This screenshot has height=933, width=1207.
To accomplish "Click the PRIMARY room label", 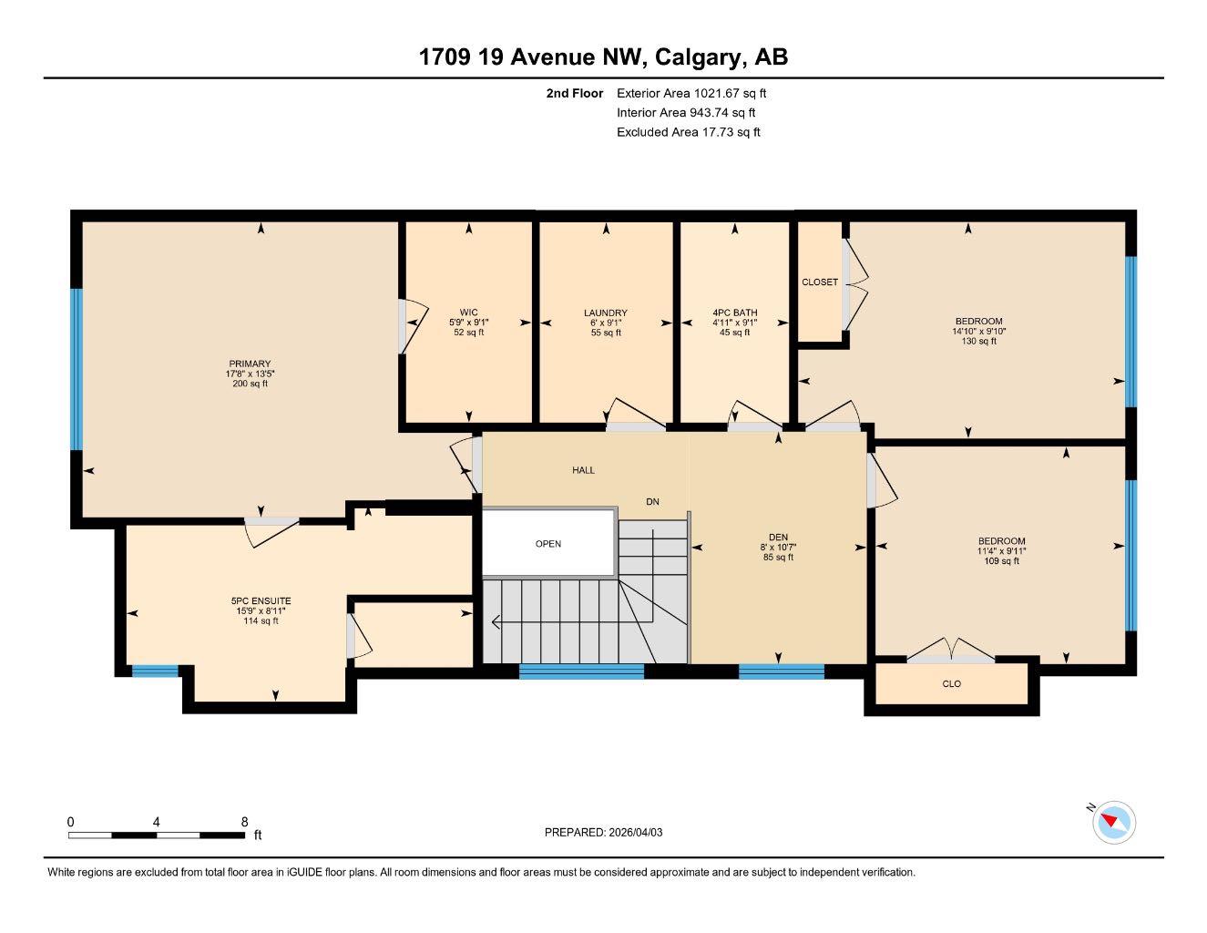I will point(250,364).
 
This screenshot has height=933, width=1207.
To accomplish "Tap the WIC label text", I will point(468,313).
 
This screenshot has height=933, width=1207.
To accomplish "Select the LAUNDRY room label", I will point(605,313).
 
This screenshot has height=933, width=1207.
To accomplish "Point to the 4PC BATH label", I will point(734,313).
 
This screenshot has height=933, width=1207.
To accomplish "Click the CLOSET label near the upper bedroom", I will point(819,282).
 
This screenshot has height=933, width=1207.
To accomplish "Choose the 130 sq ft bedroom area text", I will point(978,342).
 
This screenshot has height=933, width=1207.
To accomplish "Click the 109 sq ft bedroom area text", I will point(1002,561).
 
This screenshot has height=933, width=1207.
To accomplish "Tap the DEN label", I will point(778,537).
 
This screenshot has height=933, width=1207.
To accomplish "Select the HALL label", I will point(583,470).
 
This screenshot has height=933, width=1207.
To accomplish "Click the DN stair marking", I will point(652,502).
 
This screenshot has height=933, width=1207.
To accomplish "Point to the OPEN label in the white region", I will point(548,544).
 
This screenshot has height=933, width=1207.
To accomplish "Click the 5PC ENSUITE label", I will point(261,601).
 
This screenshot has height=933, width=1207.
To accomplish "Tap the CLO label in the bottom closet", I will point(951,684).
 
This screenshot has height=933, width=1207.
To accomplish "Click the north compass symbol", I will point(1113,822).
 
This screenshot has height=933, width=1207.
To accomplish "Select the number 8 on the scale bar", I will point(244,822).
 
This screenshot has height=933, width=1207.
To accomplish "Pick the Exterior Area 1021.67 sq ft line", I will point(691,93).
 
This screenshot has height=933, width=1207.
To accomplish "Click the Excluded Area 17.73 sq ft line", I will point(688,132).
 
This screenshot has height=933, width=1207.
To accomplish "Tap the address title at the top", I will point(603,57).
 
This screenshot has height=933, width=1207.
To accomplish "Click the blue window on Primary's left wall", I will point(77,369).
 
